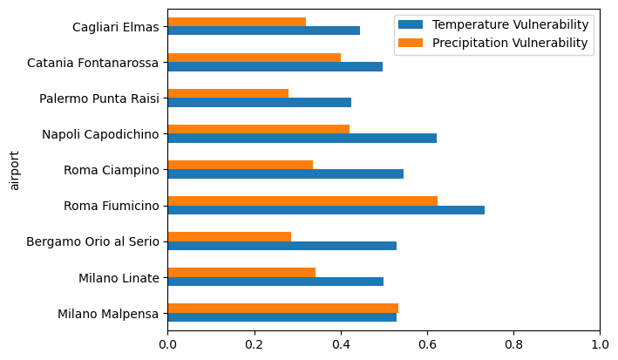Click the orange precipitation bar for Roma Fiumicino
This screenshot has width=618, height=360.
coord(302,200)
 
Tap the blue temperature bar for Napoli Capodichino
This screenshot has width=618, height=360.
coord(302,138)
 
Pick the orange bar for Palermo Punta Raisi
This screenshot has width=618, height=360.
coord(228,93)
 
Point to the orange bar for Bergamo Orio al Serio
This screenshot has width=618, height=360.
coord(229,236)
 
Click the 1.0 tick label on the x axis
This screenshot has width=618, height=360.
coord(600,343)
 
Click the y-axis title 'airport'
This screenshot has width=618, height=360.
coord(14,169)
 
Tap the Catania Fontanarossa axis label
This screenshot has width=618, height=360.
coord(92,63)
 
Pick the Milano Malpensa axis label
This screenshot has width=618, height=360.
coord(108,314)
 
